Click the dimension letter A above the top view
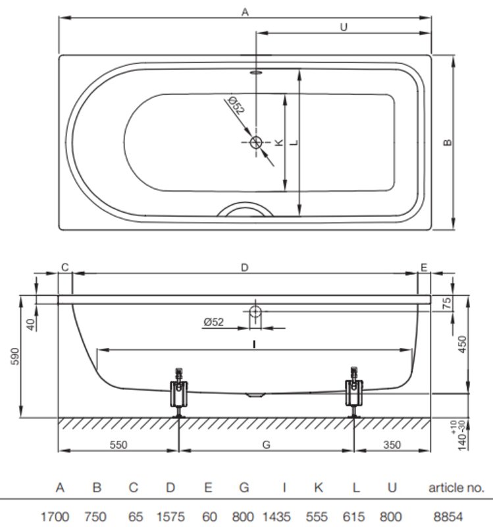245,12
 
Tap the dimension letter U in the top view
344,27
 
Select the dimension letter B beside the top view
448,142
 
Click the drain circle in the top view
256,142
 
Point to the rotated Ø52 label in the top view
236,105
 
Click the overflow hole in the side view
255,311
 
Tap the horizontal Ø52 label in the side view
213,322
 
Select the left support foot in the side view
178,393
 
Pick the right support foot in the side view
354,393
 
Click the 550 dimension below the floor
118,445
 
